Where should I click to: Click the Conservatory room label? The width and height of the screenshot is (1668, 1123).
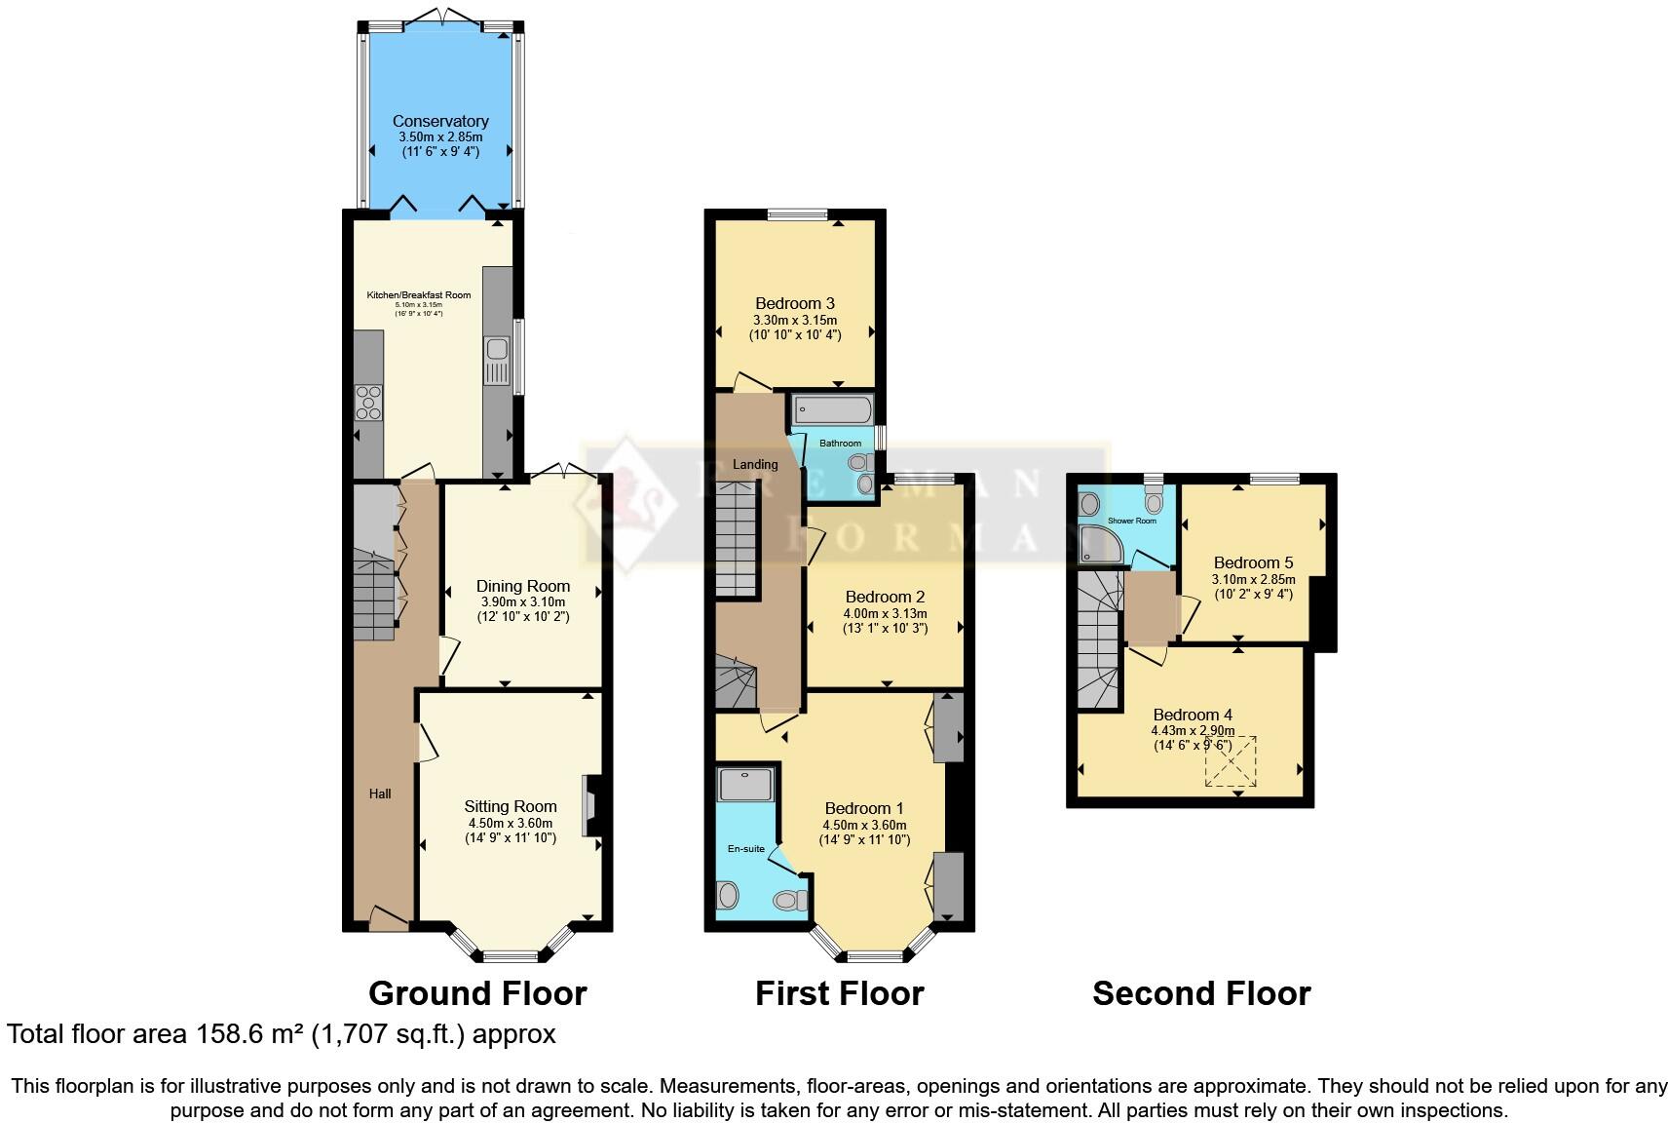click(440, 121)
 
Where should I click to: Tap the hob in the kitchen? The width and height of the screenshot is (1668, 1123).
click(369, 403)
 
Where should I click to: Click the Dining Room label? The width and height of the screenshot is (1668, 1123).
click(522, 586)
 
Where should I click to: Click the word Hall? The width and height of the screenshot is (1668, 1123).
click(380, 794)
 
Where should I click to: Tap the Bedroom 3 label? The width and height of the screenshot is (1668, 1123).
click(794, 303)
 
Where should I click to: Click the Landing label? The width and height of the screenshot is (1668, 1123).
click(755, 464)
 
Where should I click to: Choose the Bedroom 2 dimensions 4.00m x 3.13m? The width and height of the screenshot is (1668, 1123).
click(885, 613)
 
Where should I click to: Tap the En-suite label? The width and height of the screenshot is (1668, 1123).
click(746, 848)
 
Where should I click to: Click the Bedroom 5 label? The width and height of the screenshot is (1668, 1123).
click(1253, 562)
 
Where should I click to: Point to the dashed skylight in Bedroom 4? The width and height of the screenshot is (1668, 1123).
click(1232, 761)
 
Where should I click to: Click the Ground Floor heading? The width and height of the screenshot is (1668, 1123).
click(477, 993)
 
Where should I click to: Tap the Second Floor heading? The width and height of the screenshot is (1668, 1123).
click(1201, 993)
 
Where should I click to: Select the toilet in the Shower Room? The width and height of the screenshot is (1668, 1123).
click(1155, 500)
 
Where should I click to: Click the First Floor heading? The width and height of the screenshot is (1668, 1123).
click(839, 993)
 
